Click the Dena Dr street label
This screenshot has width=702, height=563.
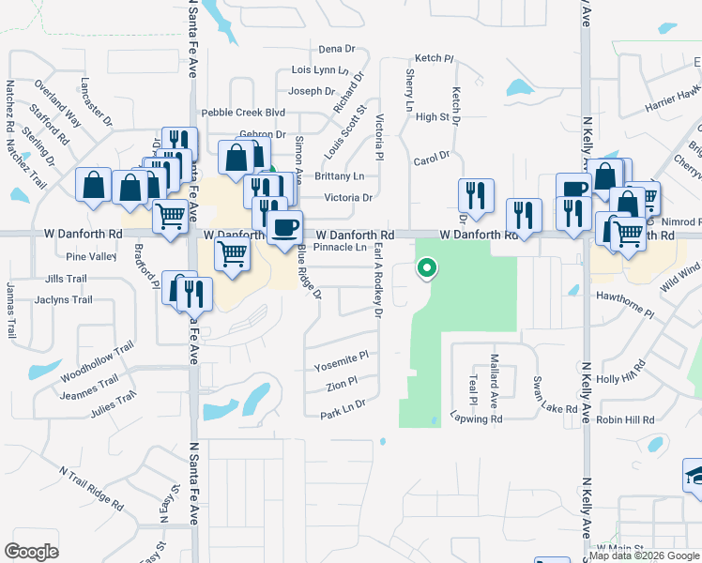[x=337, y=49]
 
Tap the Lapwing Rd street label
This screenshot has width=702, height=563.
[x=476, y=418]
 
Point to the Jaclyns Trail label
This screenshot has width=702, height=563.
[x=64, y=300]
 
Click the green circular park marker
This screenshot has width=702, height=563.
[x=427, y=269]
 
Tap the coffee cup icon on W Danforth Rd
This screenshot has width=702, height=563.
[x=284, y=227]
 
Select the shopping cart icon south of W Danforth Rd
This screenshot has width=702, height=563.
[x=232, y=253]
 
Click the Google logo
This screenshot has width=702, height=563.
[x=32, y=551]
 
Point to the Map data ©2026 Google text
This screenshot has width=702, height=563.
[x=644, y=555]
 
